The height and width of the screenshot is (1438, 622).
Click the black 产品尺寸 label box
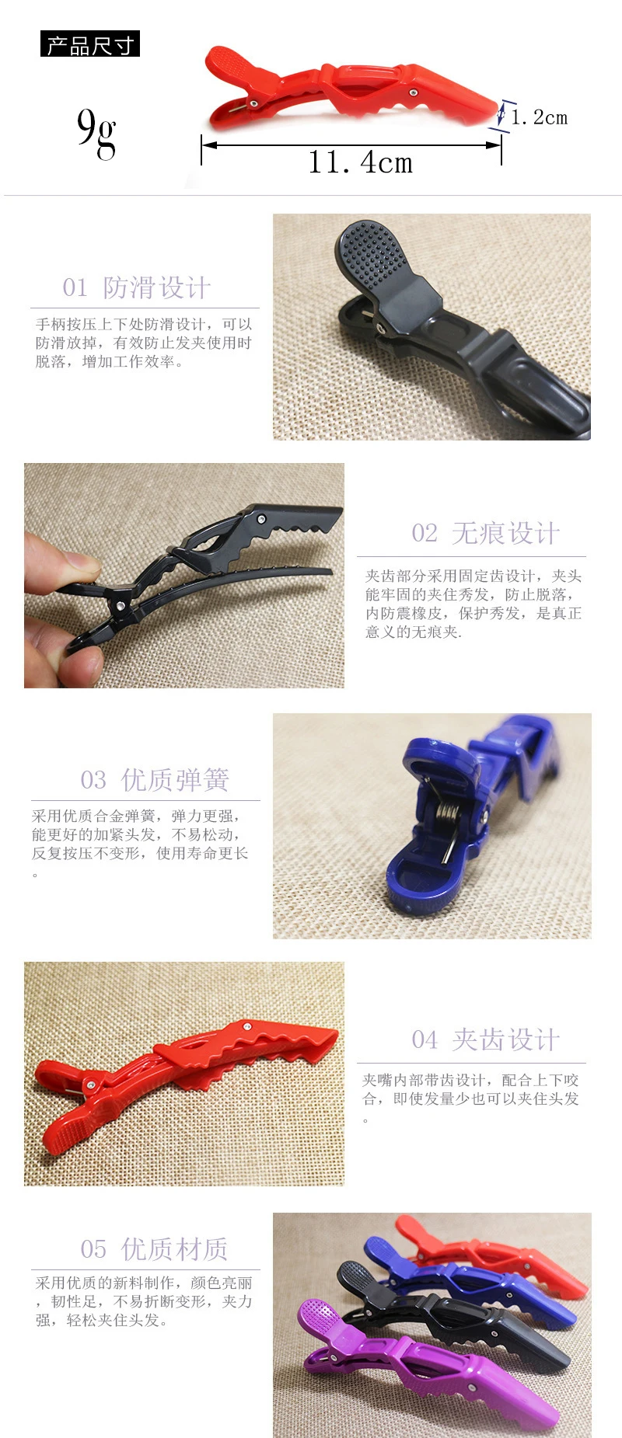pos(90,44)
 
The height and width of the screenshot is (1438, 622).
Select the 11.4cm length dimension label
pos(360,162)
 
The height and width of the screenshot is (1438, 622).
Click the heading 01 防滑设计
pos(137,287)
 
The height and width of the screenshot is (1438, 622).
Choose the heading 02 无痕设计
pos(485,533)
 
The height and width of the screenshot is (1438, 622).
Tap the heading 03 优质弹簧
pos(155,779)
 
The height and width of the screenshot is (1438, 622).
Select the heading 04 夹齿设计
pos(485,1039)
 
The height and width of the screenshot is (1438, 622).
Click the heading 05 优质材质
pos(155,1249)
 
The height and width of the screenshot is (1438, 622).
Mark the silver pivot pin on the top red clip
pos(254,102)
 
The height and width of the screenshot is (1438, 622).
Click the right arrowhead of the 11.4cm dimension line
pos(494,144)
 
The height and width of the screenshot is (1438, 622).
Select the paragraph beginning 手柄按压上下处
pos(144,343)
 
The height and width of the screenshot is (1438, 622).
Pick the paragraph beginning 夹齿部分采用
pos(473,604)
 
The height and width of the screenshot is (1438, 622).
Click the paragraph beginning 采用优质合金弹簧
pos(140,844)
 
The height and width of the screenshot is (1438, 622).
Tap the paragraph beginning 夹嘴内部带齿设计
pos(471,1099)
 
